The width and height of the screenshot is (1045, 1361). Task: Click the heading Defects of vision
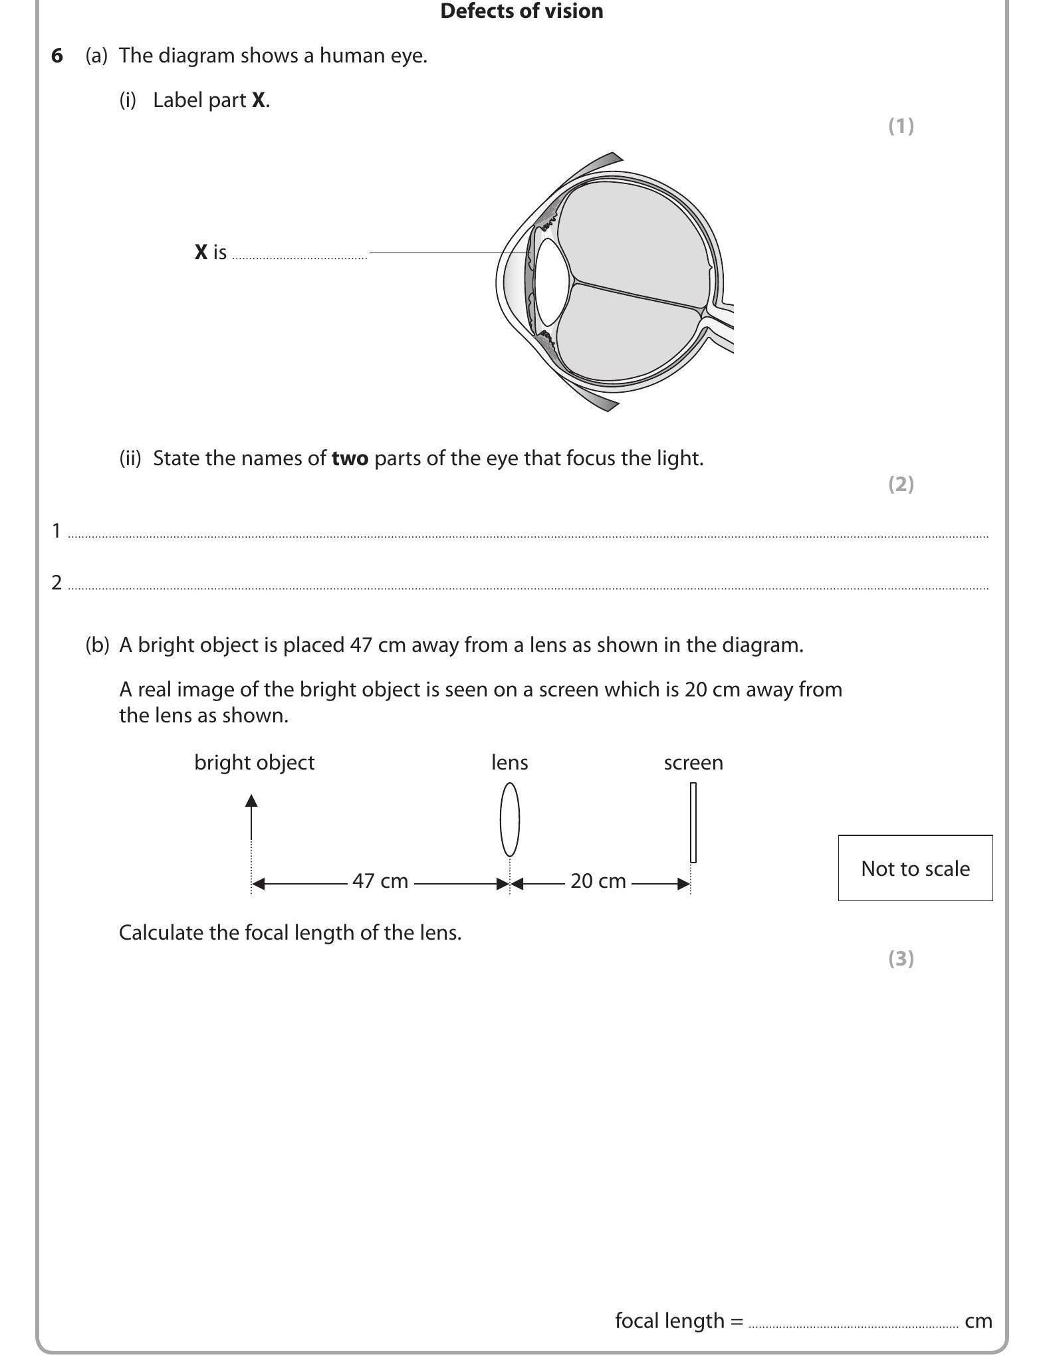(x=521, y=11)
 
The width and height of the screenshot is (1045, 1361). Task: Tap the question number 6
(x=57, y=56)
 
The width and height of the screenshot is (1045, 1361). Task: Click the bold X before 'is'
(x=201, y=253)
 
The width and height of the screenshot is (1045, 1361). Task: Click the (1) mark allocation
(x=901, y=126)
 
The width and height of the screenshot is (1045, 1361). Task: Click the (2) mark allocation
(x=901, y=484)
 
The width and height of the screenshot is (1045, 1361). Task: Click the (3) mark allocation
(x=901, y=958)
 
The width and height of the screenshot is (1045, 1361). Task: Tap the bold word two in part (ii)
(x=350, y=459)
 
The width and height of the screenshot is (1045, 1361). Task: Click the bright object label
(x=254, y=762)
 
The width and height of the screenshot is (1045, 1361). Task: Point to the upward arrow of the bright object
(x=251, y=817)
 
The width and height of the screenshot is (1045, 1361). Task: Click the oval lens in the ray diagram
(x=509, y=819)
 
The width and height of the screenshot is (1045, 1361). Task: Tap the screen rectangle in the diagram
(x=693, y=823)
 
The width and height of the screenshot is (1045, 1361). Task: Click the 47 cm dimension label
(x=380, y=881)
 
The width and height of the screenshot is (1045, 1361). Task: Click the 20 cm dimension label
(x=598, y=881)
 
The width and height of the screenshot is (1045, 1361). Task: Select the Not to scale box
(x=915, y=868)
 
